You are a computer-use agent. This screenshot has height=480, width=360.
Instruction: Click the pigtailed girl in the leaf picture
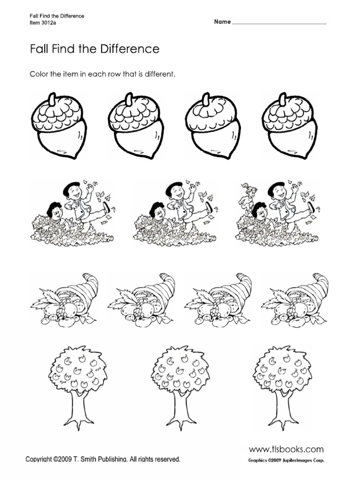248,194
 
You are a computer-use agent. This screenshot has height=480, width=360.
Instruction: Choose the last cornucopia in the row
295,300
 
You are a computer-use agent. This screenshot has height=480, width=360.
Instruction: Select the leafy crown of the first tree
75,370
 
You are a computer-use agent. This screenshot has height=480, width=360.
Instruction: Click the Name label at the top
223,22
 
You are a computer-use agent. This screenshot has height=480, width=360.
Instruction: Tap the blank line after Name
279,22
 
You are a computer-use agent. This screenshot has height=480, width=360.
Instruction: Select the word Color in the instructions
39,75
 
